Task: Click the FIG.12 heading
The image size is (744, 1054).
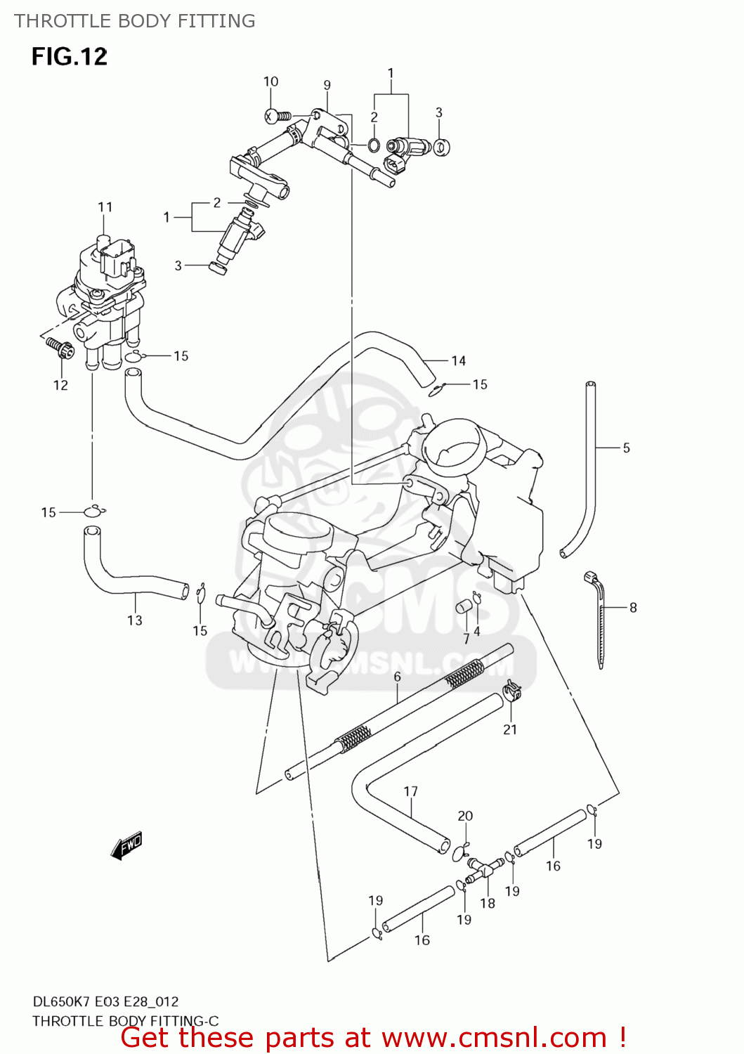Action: [x=69, y=56]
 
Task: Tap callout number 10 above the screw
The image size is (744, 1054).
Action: [x=270, y=82]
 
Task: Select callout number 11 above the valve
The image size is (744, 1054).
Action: [x=105, y=207]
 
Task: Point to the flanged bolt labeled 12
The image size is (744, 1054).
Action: [x=59, y=347]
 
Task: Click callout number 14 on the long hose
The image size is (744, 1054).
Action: [x=458, y=360]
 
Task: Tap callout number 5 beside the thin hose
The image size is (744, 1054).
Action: [x=626, y=448]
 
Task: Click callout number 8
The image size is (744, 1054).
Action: [x=632, y=607]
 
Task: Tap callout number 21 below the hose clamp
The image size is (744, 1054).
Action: [x=510, y=729]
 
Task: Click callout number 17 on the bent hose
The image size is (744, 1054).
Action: [x=410, y=791]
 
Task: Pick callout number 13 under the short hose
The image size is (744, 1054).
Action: [x=134, y=620]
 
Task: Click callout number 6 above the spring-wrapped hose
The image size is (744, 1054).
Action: [x=397, y=677]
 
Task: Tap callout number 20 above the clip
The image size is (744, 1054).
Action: [x=465, y=816]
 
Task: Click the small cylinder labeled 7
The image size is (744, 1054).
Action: [x=463, y=606]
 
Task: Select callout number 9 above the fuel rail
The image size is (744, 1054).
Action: [x=327, y=85]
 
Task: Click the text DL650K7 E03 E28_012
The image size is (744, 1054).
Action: [x=105, y=1001]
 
